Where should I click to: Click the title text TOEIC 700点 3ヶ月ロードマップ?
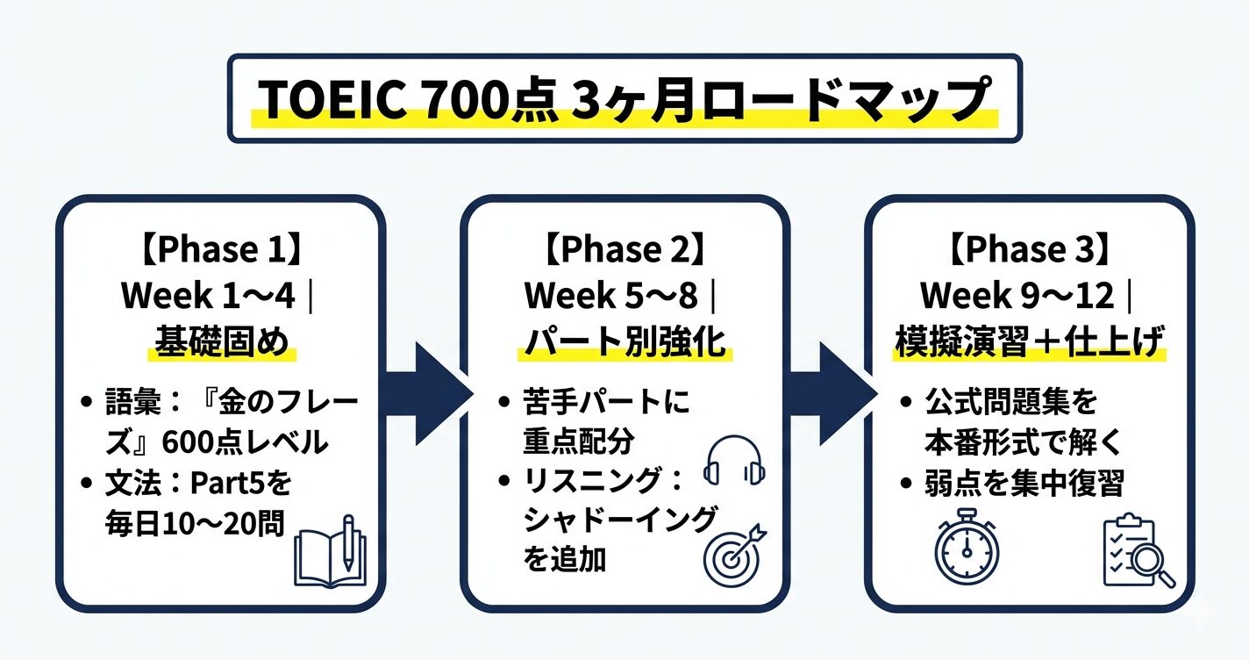624,100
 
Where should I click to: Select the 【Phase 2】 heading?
624,249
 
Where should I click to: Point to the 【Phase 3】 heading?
1029,249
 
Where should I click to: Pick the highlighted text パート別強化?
624,343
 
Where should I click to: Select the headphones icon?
735,461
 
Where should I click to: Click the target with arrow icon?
735,554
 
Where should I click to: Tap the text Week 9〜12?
1017,297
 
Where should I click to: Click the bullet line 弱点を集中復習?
1024,483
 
